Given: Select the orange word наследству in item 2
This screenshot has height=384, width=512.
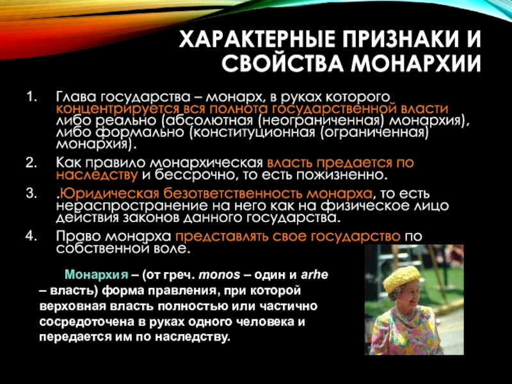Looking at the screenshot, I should click(95, 174).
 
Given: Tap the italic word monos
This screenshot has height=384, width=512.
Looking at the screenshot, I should click(220, 276).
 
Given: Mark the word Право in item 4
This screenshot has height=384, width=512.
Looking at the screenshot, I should click(75, 235).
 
